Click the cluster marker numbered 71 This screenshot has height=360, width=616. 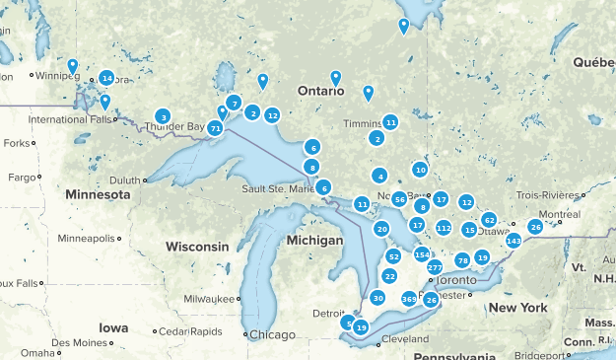click(x=215, y=127)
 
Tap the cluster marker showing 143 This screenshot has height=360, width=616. click(x=513, y=241)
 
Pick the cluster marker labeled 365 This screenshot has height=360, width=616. click(x=409, y=298)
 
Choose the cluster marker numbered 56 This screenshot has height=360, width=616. click(x=399, y=199)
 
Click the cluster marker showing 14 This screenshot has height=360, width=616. click(x=106, y=78)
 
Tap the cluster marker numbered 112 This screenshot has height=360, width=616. click(x=444, y=228)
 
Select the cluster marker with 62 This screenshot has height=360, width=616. click(x=489, y=219)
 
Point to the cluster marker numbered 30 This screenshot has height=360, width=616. click(x=377, y=298)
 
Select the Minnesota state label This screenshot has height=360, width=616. click(x=98, y=195)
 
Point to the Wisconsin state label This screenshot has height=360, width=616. click(x=197, y=246)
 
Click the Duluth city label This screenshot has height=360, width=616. click(x=125, y=180)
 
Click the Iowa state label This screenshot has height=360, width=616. click(x=112, y=327)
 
